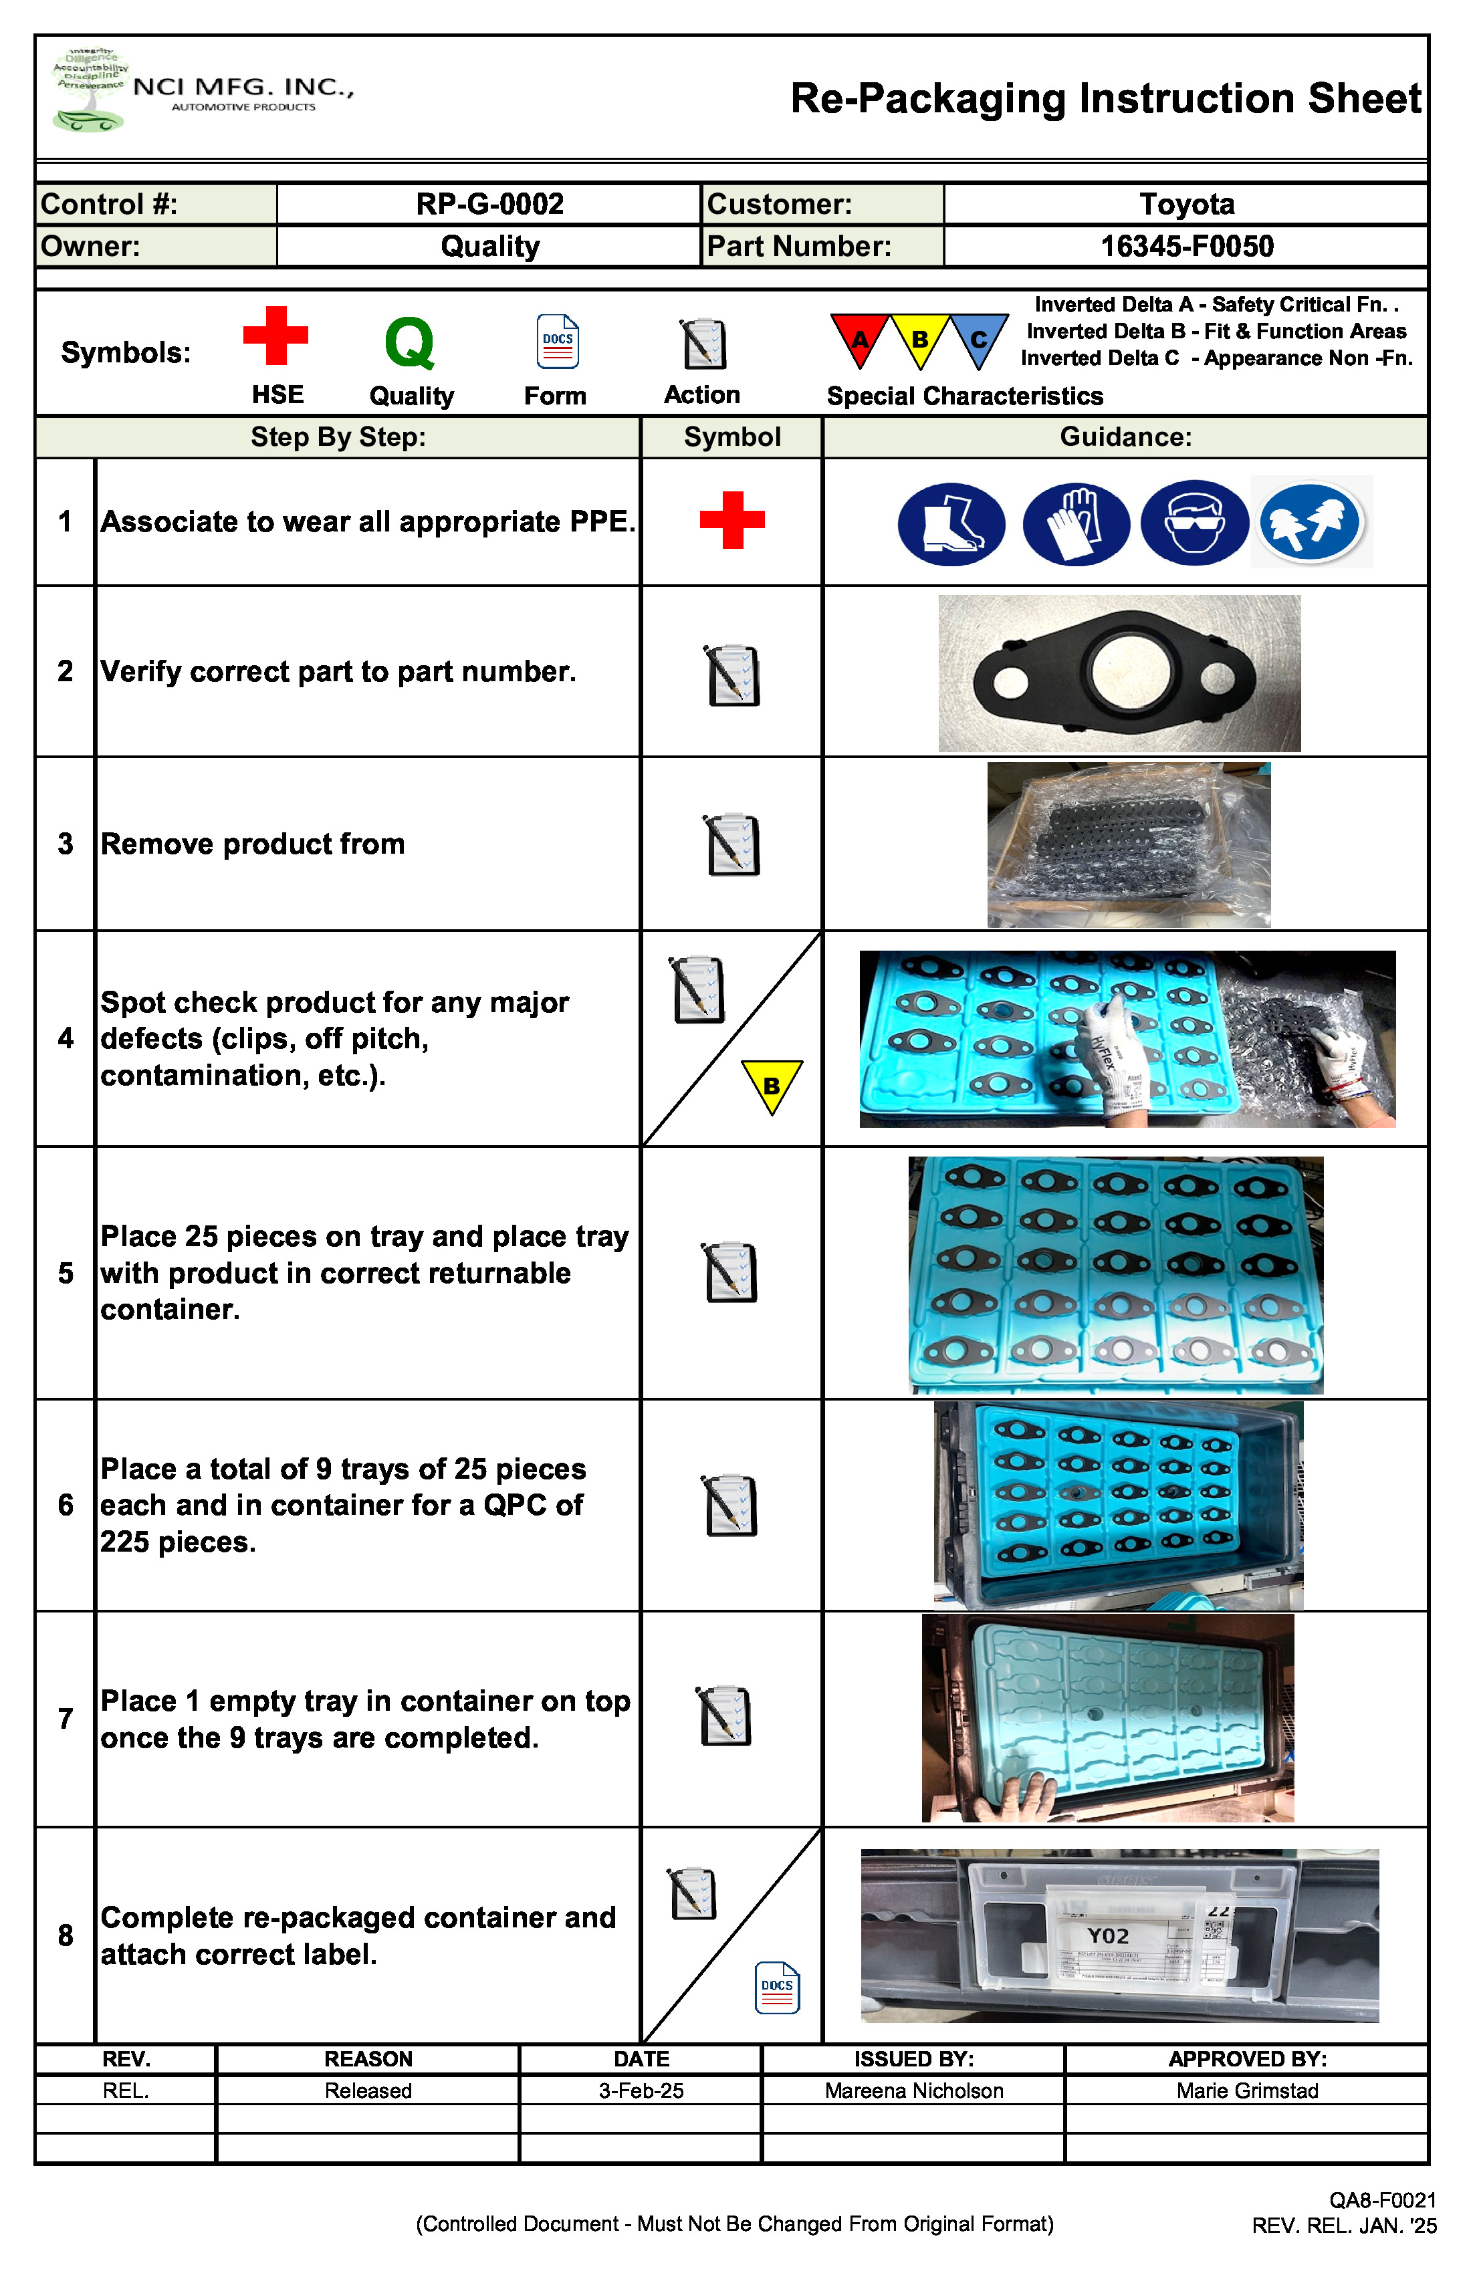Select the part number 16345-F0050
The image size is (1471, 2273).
pos(1186,247)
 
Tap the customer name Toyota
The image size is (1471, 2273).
pos(1186,205)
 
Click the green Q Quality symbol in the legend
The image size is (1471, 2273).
pos(410,343)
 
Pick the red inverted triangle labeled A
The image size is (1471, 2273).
pos(860,337)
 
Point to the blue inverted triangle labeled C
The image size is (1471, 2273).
pos(979,337)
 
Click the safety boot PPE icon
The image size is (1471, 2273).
pos(951,523)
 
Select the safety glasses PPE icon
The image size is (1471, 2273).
pos(1194,523)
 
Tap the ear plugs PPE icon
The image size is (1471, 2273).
pos(1311,523)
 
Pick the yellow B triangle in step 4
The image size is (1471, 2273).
pos(772,1085)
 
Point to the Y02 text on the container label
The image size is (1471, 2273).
pos(1108,1936)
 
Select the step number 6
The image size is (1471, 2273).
pos(65,1505)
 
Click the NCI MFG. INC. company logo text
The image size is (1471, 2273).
pos(243,88)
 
